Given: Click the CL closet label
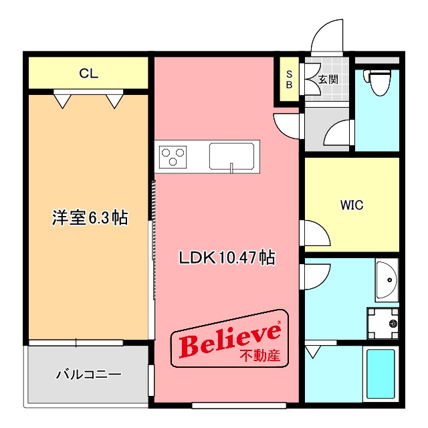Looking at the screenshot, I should click(x=88, y=74).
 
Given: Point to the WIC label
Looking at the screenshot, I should click(x=352, y=205).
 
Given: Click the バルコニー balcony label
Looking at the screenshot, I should click(x=88, y=374).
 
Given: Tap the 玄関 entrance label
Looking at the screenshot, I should click(x=328, y=80).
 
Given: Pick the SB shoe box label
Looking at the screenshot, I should click(x=290, y=80).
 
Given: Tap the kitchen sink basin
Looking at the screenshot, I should click(x=231, y=156).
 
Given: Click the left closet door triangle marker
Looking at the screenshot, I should click(x=63, y=100).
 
